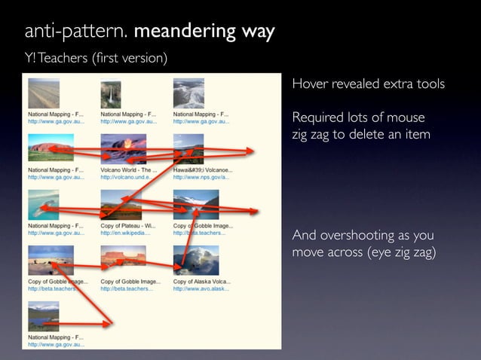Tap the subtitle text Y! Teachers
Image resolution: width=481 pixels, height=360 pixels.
tap(54, 59)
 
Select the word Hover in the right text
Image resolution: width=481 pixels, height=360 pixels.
tap(311, 84)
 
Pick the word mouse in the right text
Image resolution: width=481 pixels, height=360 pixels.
tap(406, 117)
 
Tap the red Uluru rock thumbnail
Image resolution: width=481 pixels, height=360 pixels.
tap(51, 148)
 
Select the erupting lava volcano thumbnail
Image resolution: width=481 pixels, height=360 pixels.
tap(123, 148)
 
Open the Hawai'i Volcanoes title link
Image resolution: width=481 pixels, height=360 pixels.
tap(203, 170)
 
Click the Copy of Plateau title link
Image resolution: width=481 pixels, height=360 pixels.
tap(128, 225)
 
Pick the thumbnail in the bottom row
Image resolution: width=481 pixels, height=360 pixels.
tap(51, 316)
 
